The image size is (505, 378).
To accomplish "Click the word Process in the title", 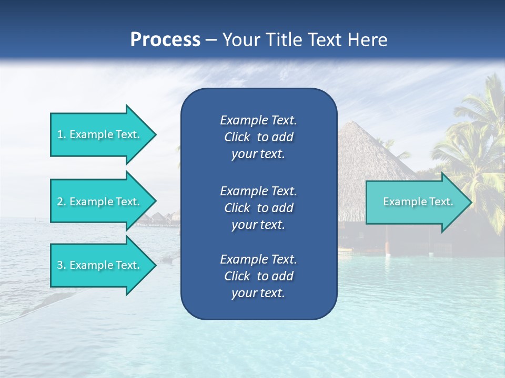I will coord(165,39).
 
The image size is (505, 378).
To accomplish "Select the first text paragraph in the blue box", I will coord(258,137).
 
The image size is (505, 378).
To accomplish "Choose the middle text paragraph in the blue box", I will coord(258,207).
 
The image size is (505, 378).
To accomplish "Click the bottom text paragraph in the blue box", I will coord(258,276).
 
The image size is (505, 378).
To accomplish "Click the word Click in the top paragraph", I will coord(237,137).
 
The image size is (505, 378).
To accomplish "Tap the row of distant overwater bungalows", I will coord(158,218).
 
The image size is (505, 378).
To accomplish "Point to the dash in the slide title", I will coord(211,40).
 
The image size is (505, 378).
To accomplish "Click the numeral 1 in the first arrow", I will coord(60,134).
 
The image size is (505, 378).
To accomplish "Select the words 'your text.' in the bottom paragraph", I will coord(258,293).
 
